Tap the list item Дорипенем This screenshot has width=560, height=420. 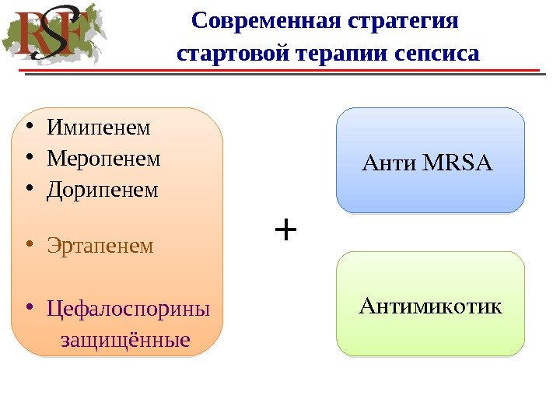[102, 190]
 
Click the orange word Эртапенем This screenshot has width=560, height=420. [100, 246]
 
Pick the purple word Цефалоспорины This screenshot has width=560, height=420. [128, 309]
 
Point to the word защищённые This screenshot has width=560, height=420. [125, 340]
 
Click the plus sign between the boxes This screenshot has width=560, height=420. [286, 230]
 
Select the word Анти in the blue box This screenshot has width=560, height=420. [390, 163]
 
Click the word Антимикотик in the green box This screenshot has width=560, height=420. [430, 306]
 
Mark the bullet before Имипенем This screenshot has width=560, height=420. [28, 126]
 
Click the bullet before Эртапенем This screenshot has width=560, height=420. [28, 246]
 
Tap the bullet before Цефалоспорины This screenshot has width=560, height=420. [28, 309]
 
